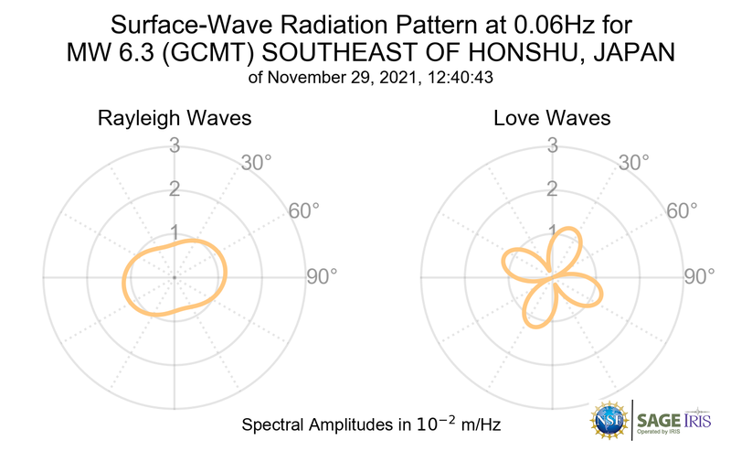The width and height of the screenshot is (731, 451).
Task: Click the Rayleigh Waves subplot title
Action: pos(175,119)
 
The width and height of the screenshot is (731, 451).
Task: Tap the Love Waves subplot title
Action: pos(552,119)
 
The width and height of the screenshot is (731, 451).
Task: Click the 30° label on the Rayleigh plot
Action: pos(257,164)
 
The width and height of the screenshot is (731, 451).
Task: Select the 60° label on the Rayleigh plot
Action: pos(304,210)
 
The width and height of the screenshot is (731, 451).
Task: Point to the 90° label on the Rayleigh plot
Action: pos(322,276)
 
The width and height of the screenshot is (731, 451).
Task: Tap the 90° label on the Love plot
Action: pos(699,276)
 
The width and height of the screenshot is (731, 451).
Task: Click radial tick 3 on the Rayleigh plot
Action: pos(174,145)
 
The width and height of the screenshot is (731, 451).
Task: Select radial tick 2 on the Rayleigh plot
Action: pos(174,189)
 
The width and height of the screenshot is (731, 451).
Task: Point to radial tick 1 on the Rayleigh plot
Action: pos(174,232)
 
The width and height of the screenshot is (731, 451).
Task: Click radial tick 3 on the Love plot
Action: pos(551,145)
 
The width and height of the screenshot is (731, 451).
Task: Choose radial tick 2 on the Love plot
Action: pos(551,189)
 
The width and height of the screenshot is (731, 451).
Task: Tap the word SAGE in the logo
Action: pos(657,421)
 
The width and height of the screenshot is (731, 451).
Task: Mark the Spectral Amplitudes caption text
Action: pos(370,425)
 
